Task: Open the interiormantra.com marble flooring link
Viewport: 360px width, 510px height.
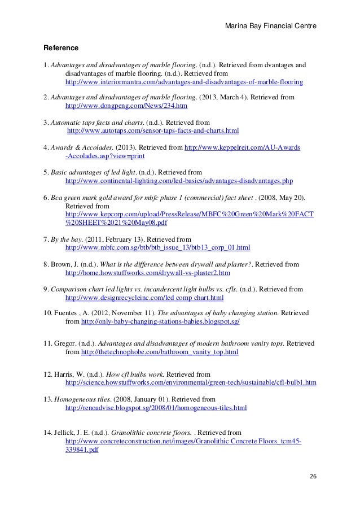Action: [x=184, y=82]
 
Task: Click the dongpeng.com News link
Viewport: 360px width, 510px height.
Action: [x=127, y=106]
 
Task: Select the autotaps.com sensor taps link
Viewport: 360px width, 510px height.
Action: [x=153, y=130]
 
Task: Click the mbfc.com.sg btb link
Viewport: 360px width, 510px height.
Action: [x=158, y=248]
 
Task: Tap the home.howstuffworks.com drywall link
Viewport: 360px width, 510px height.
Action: [x=148, y=273]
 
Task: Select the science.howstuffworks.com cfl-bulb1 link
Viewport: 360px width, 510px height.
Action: [x=191, y=382]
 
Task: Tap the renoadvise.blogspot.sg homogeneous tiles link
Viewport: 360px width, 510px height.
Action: [x=156, y=407]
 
